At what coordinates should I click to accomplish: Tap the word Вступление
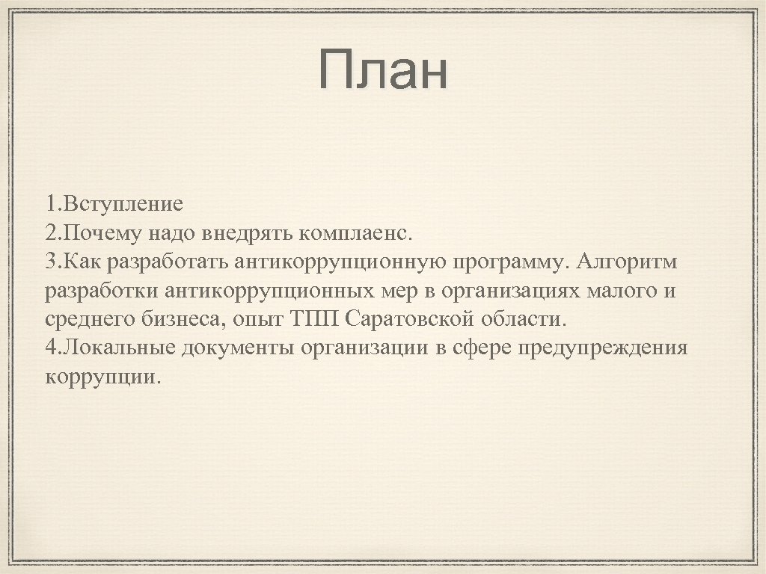124,204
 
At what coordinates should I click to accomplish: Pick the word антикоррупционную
341,262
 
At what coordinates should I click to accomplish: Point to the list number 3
50,262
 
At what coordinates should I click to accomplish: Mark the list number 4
50,348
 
